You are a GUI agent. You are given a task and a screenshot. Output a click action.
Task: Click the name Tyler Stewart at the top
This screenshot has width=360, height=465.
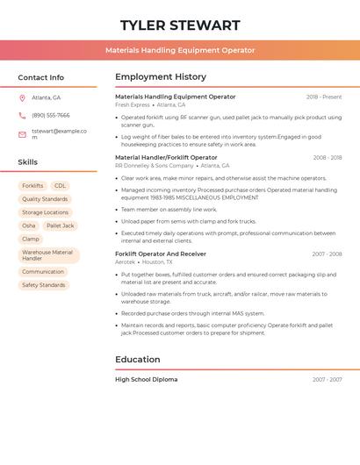[180, 25]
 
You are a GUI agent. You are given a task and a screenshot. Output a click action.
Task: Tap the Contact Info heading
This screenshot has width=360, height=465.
[40, 77]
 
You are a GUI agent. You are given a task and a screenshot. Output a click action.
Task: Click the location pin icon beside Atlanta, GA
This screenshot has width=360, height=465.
[22, 97]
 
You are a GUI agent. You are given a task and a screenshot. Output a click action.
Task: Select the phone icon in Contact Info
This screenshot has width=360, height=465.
[22, 115]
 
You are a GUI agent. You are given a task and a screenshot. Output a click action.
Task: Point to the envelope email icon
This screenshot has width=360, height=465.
[22, 134]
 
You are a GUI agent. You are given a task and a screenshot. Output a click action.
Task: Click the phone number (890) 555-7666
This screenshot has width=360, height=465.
[50, 115]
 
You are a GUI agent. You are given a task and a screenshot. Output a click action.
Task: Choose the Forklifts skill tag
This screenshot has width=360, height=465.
[32, 186]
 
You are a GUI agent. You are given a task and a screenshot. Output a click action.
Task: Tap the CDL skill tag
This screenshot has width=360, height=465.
[60, 186]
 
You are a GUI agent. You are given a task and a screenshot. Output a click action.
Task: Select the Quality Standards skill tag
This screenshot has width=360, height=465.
[45, 199]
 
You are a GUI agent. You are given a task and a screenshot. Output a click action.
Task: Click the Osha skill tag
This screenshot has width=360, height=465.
[29, 225]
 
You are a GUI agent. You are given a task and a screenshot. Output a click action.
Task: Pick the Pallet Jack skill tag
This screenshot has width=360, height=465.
[61, 225]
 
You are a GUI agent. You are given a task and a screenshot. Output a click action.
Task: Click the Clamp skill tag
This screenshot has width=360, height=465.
[31, 239]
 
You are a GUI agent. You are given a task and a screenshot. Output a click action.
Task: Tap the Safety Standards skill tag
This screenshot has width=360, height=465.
[44, 285]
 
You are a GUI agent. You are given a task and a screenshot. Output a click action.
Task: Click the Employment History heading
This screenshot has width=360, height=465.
[161, 77]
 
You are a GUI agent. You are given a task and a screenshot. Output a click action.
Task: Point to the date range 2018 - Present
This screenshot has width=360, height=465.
[324, 97]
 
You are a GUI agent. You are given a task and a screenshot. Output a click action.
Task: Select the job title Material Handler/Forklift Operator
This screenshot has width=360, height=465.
[166, 158]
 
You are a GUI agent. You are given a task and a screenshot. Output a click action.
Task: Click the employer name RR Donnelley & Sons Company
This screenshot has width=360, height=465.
[154, 166]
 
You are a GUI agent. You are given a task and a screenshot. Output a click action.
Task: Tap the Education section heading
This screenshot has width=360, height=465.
[138, 359]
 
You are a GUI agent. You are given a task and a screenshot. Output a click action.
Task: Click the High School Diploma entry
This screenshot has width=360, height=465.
[146, 379]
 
